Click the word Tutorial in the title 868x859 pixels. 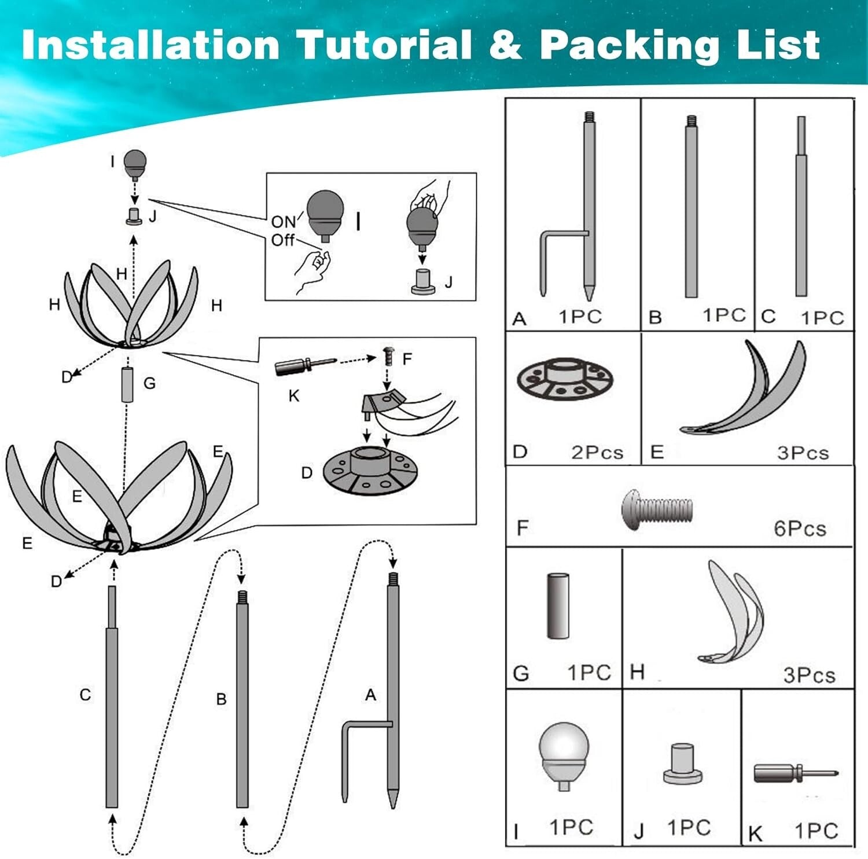coord(384,45)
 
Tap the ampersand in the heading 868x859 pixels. coord(505,45)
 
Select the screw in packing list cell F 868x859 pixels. coord(657,508)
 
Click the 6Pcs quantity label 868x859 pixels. coord(800,528)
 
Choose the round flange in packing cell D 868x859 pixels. coord(565,379)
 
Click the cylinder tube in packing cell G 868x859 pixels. coord(558,605)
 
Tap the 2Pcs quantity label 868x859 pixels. coord(597,452)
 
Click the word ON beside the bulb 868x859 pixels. coord(283,222)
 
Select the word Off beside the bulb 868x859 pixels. coord(282,240)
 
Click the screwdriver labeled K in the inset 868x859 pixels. coord(305,366)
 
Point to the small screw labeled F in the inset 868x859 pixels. coord(388,356)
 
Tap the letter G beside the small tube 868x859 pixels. coord(149,383)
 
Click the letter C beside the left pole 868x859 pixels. coord(85,695)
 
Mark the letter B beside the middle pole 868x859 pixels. coord(221,699)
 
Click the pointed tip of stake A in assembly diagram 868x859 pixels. coord(393,807)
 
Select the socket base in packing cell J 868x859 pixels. coord(683,764)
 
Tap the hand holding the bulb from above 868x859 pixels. coord(429,196)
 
